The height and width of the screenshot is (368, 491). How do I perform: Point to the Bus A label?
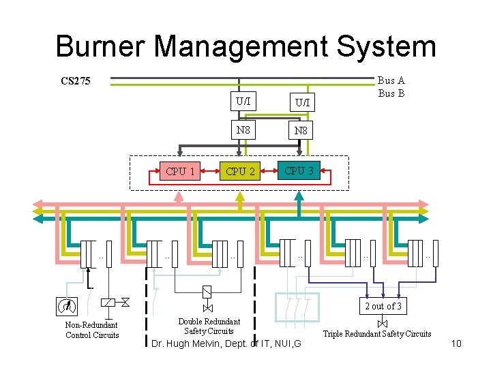[x=391, y=80]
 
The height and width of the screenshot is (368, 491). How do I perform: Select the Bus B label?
[x=391, y=93]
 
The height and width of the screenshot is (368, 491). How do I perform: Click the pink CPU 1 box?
[x=181, y=171]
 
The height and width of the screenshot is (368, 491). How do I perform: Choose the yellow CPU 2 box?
[x=240, y=171]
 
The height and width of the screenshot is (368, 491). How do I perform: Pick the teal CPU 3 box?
[x=299, y=170]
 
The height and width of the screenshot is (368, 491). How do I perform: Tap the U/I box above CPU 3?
[x=301, y=102]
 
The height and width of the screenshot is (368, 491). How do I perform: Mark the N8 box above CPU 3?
[x=301, y=129]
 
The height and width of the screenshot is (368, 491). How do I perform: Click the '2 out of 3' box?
[x=383, y=306]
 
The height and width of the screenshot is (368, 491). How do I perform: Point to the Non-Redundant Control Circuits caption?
[x=91, y=330]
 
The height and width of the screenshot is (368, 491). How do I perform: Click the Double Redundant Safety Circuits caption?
[x=209, y=326]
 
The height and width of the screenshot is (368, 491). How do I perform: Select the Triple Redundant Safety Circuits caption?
[x=376, y=333]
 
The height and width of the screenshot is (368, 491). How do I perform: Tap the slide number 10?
[x=456, y=343]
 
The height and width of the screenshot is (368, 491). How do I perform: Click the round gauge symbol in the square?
[x=66, y=306]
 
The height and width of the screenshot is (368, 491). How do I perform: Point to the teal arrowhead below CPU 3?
[x=299, y=195]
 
